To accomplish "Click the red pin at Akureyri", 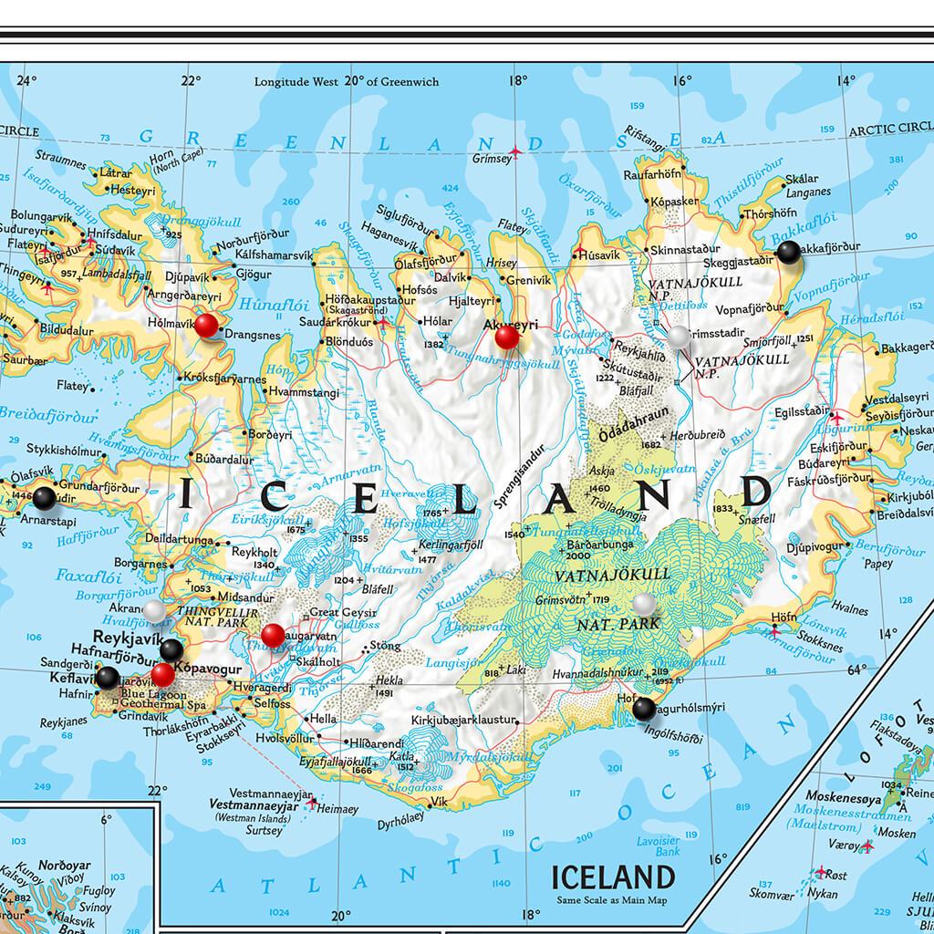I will tap(506, 337).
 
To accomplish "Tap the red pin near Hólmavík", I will tap(207, 325).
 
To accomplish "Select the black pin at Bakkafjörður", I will tap(788, 253).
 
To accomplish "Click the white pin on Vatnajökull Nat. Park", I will tap(644, 604).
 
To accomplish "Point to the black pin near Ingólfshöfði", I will tap(644, 708).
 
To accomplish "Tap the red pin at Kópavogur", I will tap(162, 675).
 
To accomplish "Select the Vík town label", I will tap(440, 802).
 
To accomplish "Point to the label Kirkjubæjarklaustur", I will tap(463, 721).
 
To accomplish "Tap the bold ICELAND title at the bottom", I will tap(613, 877).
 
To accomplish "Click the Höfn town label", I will tap(784, 617).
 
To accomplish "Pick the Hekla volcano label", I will tap(389, 680).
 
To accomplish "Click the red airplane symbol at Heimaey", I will tap(314, 804).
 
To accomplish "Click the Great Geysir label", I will tap(338, 612).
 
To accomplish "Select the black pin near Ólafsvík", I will tap(44, 498).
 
